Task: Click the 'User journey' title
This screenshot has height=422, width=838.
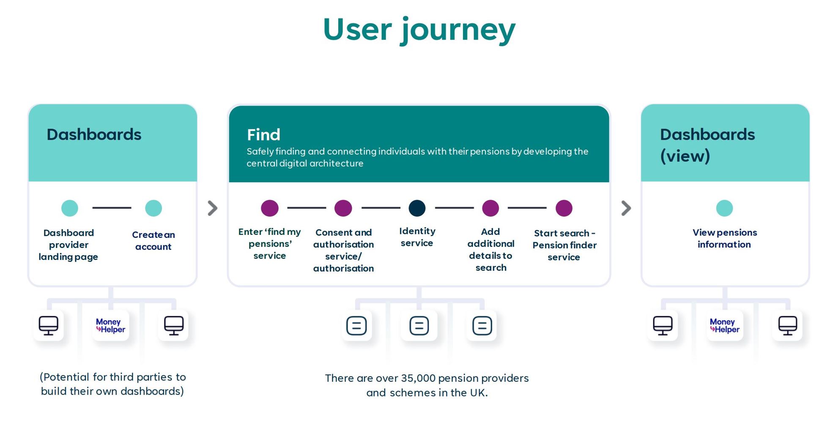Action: point(419,30)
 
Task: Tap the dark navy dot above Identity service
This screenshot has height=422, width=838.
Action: point(417,208)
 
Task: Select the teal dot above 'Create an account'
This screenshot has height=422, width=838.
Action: point(153,208)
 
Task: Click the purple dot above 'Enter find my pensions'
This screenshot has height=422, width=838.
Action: point(270,208)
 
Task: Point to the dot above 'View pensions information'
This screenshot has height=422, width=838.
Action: point(724,208)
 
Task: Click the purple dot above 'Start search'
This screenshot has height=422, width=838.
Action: point(564,208)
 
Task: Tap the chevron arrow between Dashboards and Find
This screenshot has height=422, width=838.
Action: point(213,208)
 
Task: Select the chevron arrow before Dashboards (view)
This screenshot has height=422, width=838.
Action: point(626,208)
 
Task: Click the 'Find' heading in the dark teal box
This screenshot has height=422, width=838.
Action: point(263,135)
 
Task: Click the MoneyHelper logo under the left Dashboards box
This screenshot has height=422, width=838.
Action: point(111,326)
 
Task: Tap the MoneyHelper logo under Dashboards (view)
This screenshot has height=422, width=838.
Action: point(725,326)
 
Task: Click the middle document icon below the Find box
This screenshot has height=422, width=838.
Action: point(419,326)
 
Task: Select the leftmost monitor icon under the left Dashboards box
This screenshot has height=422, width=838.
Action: point(49,326)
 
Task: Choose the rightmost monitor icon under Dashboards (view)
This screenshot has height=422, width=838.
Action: point(788,326)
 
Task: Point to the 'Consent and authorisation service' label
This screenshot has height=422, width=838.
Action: point(343,250)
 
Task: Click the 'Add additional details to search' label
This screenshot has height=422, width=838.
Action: point(490,249)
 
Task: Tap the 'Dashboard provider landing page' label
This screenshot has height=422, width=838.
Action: point(68,245)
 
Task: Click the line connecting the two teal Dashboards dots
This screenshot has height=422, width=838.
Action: point(112,208)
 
